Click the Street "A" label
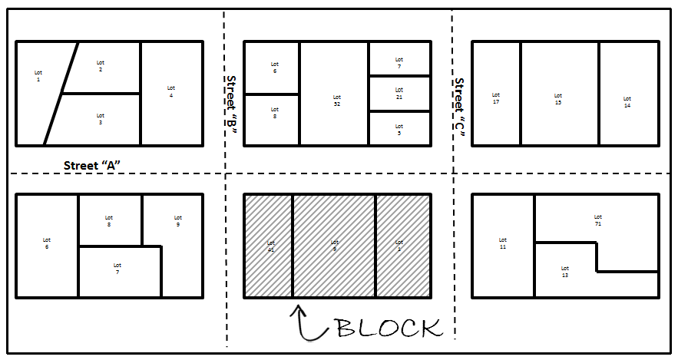pyautogui.click(x=93, y=164)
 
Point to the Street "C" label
pyautogui.click(x=459, y=107)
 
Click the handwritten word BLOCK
pyautogui.click(x=389, y=327)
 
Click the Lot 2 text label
pyautogui.click(x=101, y=66)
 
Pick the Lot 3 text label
pyautogui.click(x=101, y=119)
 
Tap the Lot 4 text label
pyautogui.click(x=171, y=91)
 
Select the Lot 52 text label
pyautogui.click(x=337, y=101)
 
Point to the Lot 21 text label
pyautogui.click(x=399, y=94)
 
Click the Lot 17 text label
pyautogui.click(x=496, y=99)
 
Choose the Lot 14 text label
pyautogui.click(x=627, y=102)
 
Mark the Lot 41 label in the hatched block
pyautogui.click(x=270, y=246)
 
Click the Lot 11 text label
pyautogui.click(x=503, y=243)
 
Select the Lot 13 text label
pyautogui.click(x=565, y=272)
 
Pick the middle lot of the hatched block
pyautogui.click(x=334, y=246)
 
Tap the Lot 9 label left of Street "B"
pyautogui.click(x=177, y=222)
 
